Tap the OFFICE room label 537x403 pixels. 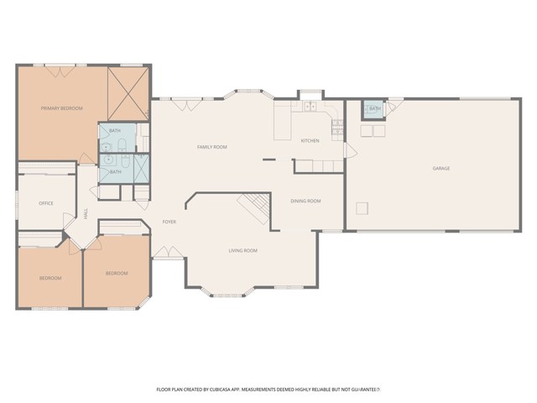tap(46, 203)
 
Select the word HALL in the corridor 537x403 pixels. tap(86, 215)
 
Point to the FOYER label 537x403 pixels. tap(168, 221)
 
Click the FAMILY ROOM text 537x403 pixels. tap(212, 147)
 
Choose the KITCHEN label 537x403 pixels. tap(310, 140)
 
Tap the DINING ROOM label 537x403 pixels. tap(305, 201)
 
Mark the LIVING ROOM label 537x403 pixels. tap(242, 250)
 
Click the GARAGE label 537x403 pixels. tap(441, 169)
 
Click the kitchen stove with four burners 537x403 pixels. tap(336, 128)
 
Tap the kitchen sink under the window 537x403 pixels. tap(310, 107)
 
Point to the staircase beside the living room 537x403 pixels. tap(254, 206)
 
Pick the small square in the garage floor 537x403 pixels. tap(362, 208)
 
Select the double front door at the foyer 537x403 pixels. tap(162, 254)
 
